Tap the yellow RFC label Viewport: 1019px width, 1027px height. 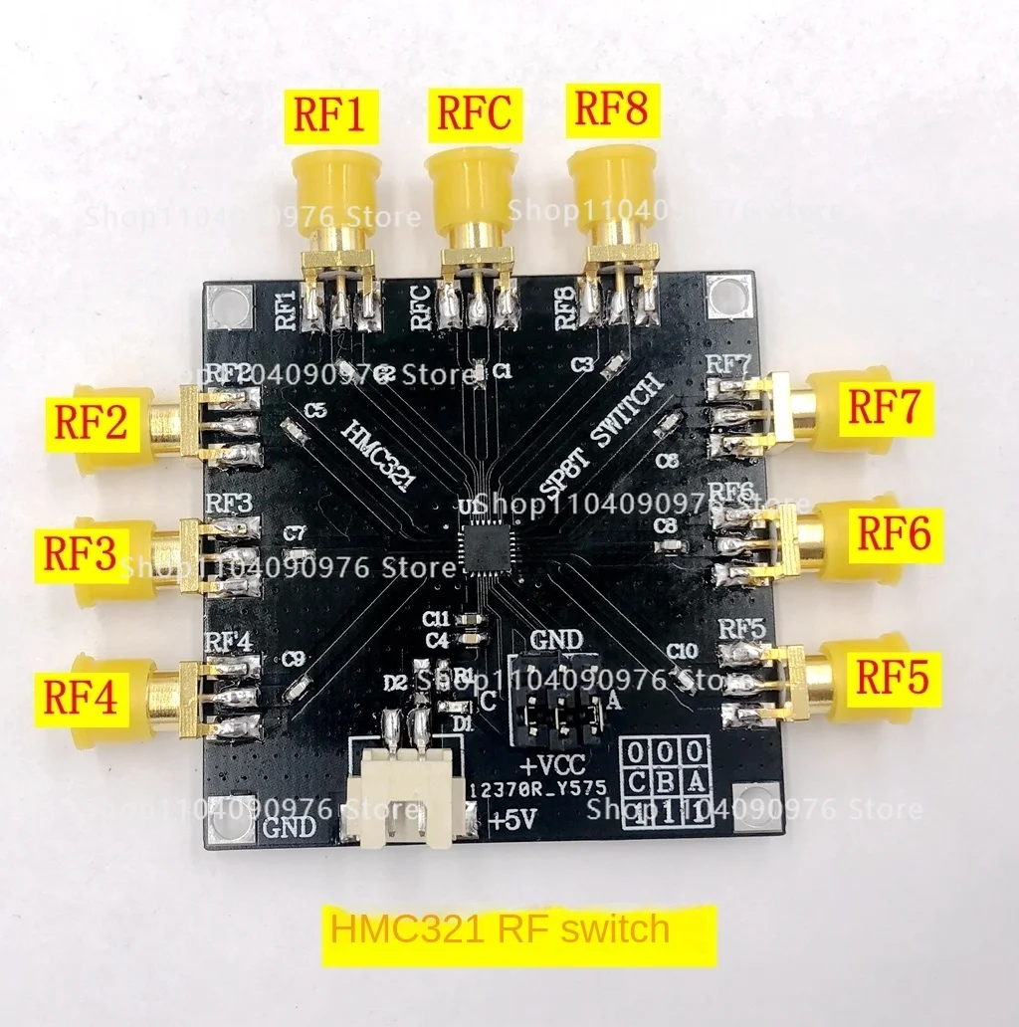pos(473,111)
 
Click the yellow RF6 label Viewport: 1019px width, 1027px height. pos(894,534)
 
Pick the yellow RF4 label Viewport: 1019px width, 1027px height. pos(80,697)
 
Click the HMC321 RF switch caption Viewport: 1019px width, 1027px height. pos(501,929)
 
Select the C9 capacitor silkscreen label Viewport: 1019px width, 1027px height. pos(293,658)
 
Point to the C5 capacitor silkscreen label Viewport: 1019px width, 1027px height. pos(317,409)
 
